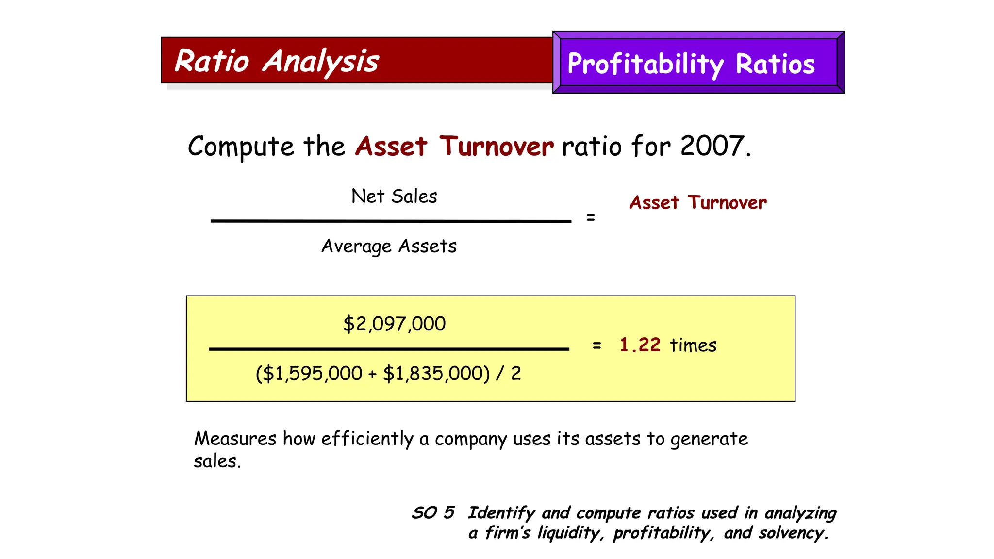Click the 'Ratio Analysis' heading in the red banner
pos(276,62)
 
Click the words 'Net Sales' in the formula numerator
pos(394,197)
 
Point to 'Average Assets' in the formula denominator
pos(389,247)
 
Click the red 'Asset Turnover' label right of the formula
pos(698,203)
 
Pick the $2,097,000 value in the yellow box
pos(394,324)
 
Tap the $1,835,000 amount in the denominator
pos(434,374)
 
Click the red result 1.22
pos(640,345)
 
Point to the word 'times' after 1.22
pos(693,345)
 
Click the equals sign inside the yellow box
pos(597,345)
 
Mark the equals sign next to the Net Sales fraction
pos(591,217)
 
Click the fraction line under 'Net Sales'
pos(391,221)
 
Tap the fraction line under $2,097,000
pos(389,349)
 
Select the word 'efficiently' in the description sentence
pos(367,439)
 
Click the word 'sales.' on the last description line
pos(217,461)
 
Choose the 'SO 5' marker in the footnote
pos(433,513)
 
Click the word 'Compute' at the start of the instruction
pos(241,147)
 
